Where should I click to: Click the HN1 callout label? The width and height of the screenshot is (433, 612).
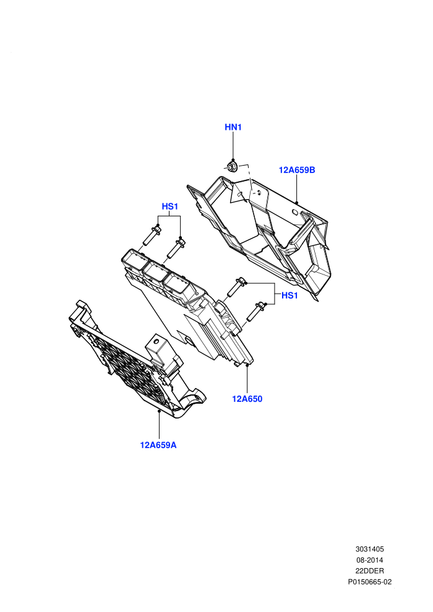pos(233,127)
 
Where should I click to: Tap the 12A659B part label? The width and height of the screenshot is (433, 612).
pos(297,170)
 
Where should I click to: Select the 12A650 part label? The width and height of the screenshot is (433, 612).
pos(247,399)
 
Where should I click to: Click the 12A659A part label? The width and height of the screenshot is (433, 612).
pos(158,445)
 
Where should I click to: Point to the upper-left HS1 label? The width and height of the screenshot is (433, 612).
pos(170,206)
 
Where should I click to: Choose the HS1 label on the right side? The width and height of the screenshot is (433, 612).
pos(289,295)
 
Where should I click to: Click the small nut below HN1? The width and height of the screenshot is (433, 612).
pos(231,167)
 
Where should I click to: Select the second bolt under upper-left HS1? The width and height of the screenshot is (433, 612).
pos(176,249)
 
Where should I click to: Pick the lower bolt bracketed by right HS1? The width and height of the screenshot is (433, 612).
pos(256,312)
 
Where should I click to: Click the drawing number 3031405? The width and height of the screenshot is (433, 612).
pos(370,549)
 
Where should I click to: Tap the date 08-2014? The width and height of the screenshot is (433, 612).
pos(370,560)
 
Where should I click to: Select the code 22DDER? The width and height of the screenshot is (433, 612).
pos(370,571)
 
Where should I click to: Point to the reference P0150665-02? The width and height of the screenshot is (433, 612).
pos(370,582)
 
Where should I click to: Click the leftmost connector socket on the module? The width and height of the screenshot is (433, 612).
pos(132,260)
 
